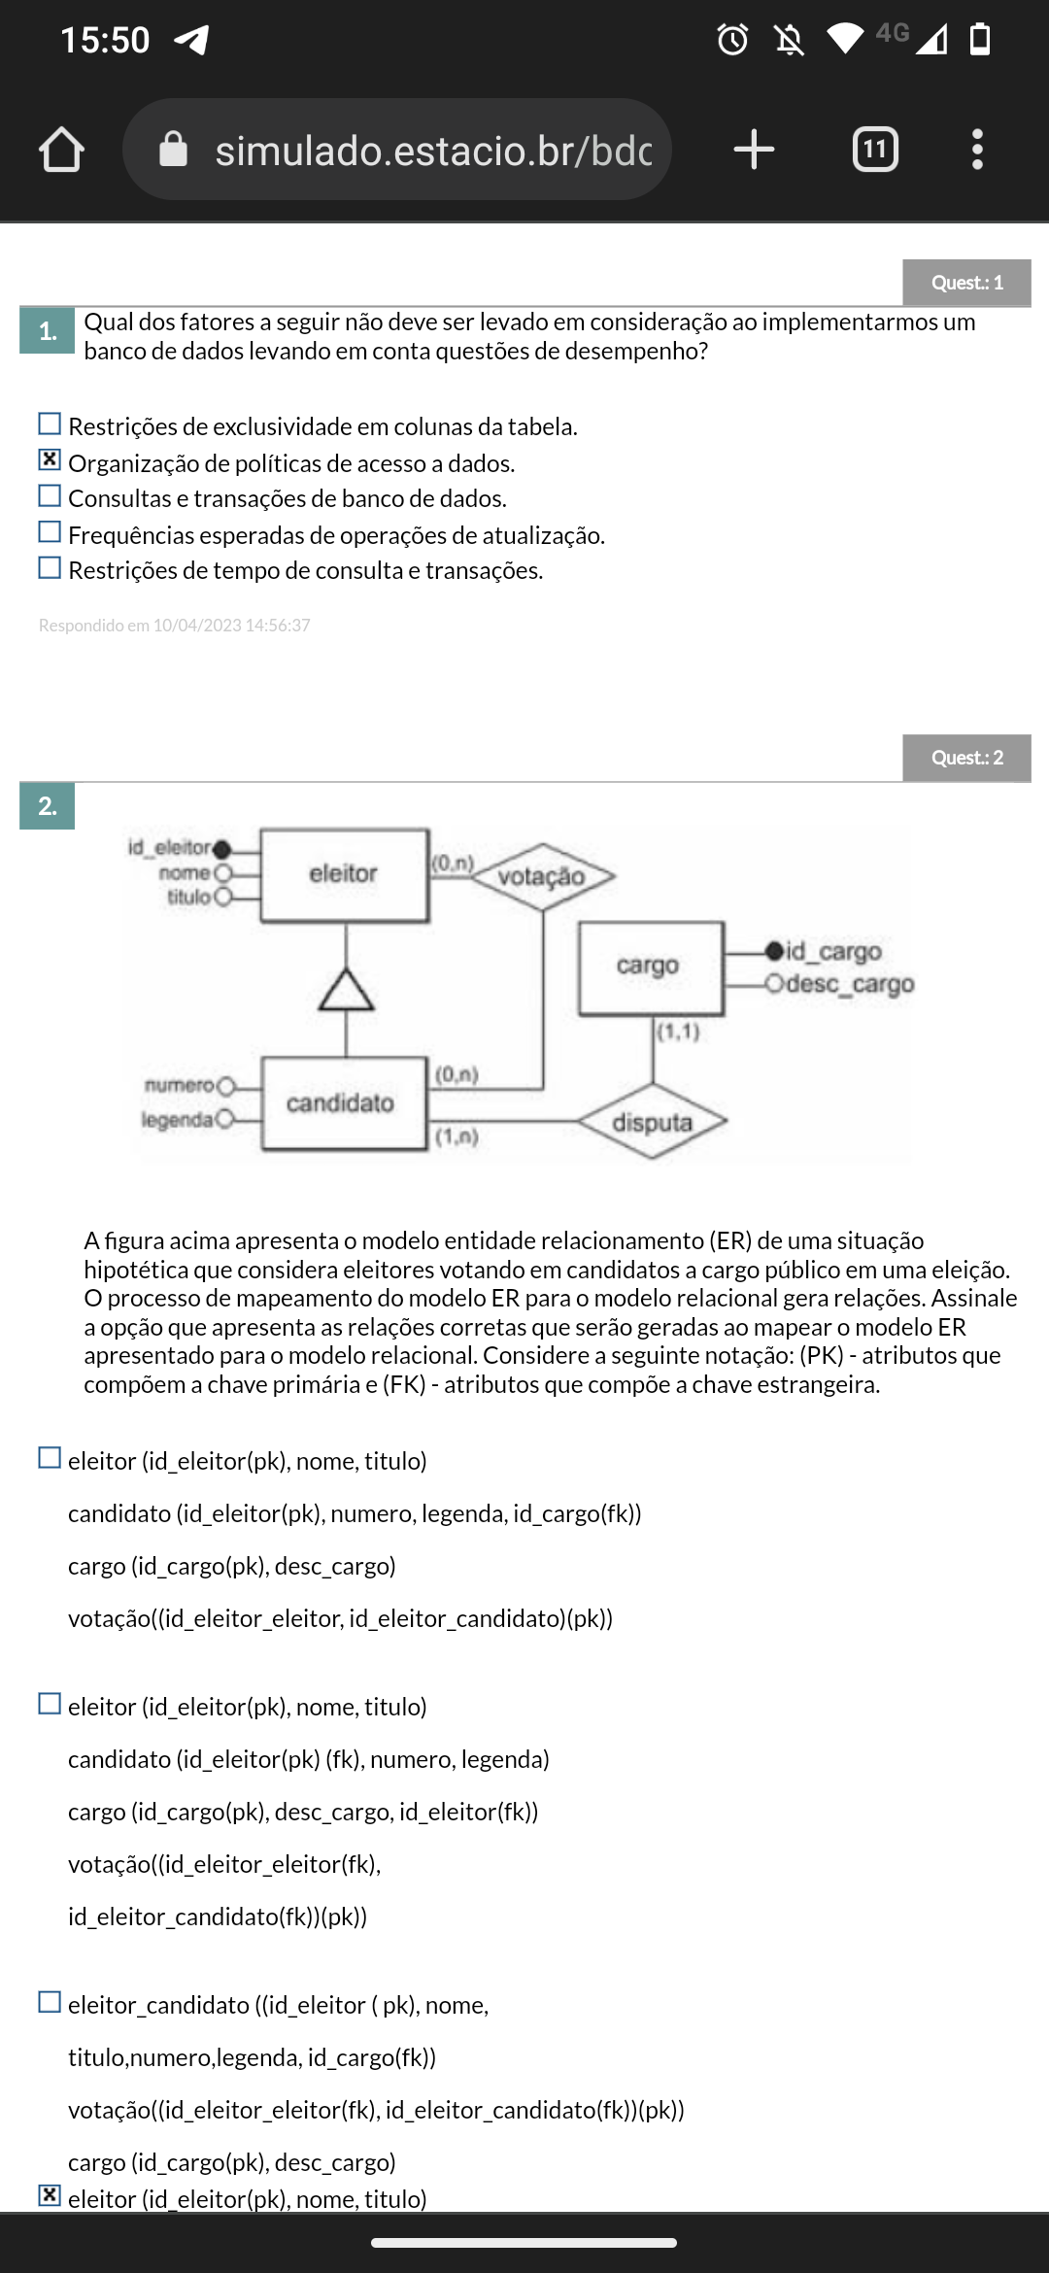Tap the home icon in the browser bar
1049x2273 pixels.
click(61, 150)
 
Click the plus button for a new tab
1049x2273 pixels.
click(754, 150)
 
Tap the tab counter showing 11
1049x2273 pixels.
click(875, 150)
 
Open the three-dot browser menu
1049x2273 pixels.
click(977, 150)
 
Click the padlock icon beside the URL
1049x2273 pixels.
click(173, 150)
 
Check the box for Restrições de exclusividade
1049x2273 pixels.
click(50, 424)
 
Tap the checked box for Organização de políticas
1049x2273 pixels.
click(50, 460)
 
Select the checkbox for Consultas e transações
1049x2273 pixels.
click(50, 496)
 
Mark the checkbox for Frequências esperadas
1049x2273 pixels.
click(50, 532)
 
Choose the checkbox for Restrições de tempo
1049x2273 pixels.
click(50, 568)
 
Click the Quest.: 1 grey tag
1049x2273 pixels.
click(966, 283)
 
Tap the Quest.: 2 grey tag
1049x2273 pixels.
click(966, 758)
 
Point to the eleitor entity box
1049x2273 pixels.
click(344, 874)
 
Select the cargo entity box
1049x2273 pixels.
click(650, 967)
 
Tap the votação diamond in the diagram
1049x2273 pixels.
click(542, 876)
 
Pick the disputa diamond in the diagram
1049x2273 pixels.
click(652, 1122)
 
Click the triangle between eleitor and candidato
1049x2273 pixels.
click(346, 991)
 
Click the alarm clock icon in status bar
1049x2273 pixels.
click(732, 40)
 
